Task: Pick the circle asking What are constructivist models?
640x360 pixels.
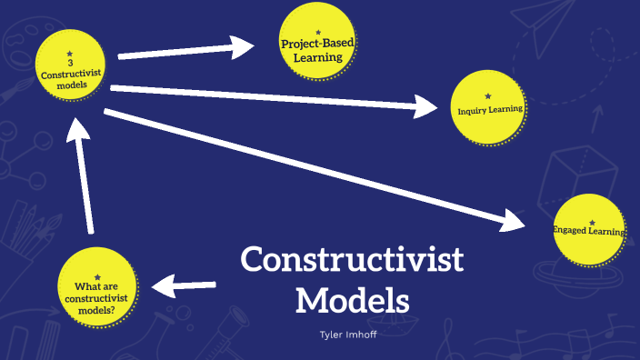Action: tap(97, 283)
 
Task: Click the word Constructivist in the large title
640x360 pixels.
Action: tap(352, 261)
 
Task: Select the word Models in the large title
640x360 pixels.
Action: tap(353, 299)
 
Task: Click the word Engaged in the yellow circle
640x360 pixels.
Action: tap(570, 231)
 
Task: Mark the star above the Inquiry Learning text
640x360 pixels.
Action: tap(488, 95)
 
